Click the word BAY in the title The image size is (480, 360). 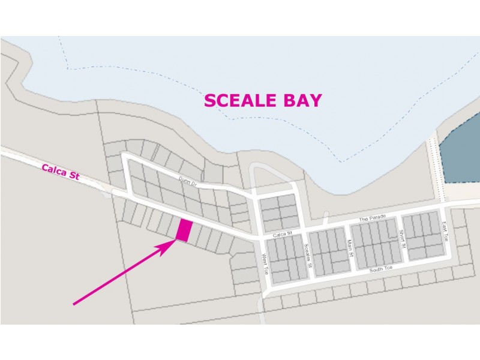point(304,100)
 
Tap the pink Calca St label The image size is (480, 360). point(61,173)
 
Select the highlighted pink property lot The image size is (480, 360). point(184,230)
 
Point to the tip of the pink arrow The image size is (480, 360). point(176,241)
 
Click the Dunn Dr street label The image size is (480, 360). point(188,181)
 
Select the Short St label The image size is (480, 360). point(402,239)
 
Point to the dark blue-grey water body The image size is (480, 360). point(461,157)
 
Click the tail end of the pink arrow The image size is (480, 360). point(74,304)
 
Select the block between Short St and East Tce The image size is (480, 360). point(423,235)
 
